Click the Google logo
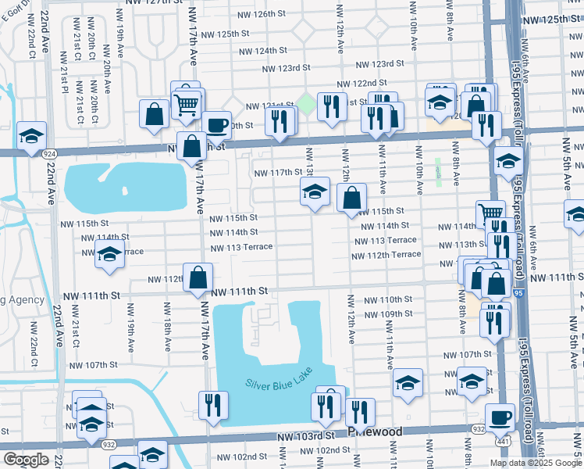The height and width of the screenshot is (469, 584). (x=26, y=460)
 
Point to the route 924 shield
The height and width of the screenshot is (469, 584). (x=48, y=154)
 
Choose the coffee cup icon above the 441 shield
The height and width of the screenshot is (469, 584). (x=500, y=416)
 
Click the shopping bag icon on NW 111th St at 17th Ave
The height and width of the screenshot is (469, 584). (x=198, y=276)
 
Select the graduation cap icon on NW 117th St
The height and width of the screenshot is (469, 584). (x=315, y=191)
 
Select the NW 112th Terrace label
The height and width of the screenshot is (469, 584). (x=386, y=255)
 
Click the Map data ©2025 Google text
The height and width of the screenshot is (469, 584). (x=536, y=463)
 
